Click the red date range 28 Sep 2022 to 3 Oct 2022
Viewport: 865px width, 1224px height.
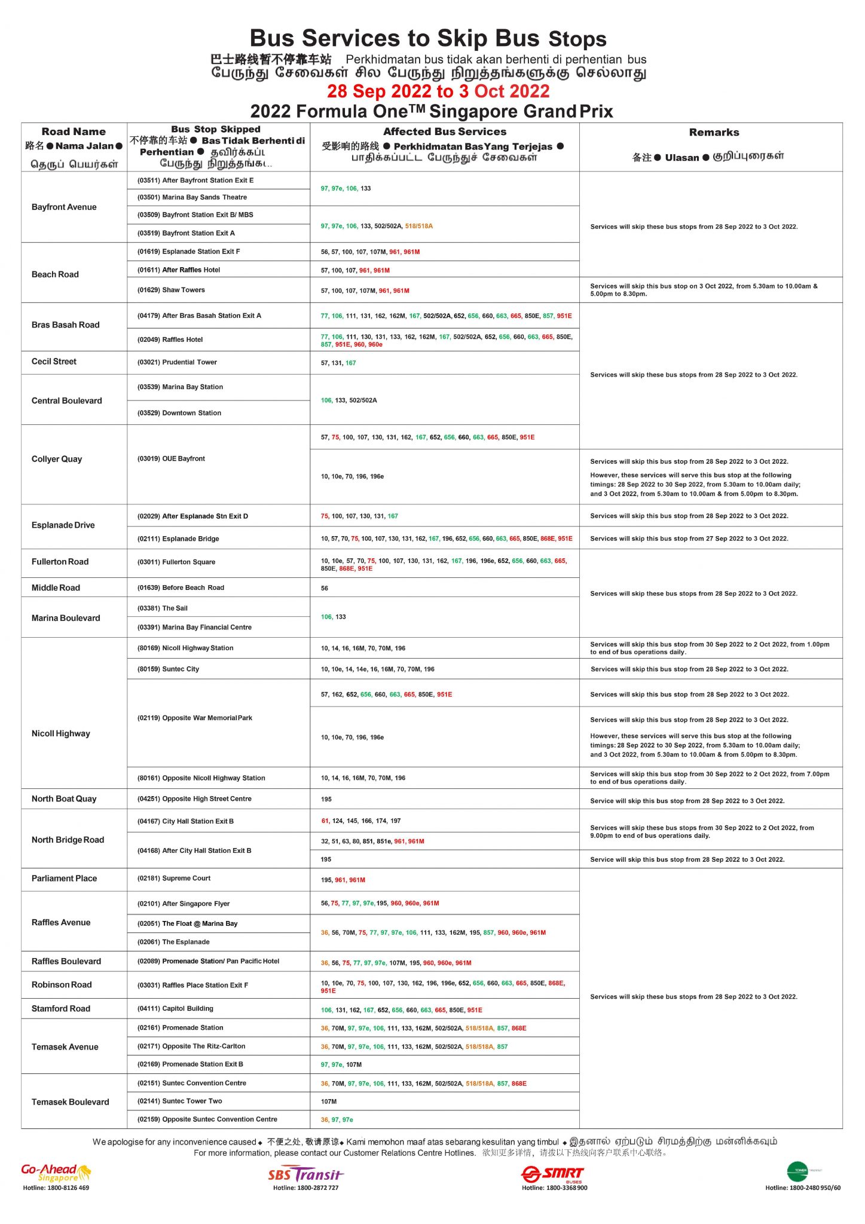pyautogui.click(x=438, y=91)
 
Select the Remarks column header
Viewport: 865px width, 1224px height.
pyautogui.click(x=714, y=132)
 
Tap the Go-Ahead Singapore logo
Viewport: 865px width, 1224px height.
pyautogui.click(x=56, y=1173)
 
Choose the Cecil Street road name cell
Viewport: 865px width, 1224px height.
pyautogui.click(x=54, y=362)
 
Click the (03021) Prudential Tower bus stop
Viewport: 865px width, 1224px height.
pyautogui.click(x=177, y=362)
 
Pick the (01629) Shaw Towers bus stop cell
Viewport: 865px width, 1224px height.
pyautogui.click(x=171, y=290)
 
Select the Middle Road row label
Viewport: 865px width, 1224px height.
pyautogui.click(x=56, y=587)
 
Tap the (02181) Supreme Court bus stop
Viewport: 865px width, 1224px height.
pyautogui.click(x=174, y=878)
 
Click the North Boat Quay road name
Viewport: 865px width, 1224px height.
pyautogui.click(x=64, y=798)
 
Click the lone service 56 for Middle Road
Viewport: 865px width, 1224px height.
pyautogui.click(x=325, y=588)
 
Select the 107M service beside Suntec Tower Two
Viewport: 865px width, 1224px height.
pyautogui.click(x=329, y=1101)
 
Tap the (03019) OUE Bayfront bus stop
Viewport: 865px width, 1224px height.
pyautogui.click(x=171, y=458)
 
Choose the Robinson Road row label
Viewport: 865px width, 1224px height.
pyautogui.click(x=62, y=984)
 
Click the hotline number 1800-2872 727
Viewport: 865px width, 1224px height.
pyautogui.click(x=305, y=1188)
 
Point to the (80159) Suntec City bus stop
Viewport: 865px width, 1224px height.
pyautogui.click(x=168, y=669)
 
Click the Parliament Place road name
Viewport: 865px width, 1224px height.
pyautogui.click(x=64, y=878)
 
